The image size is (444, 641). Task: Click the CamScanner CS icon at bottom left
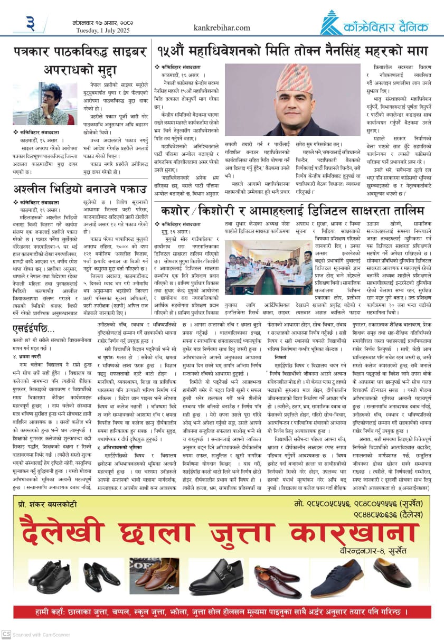6,634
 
